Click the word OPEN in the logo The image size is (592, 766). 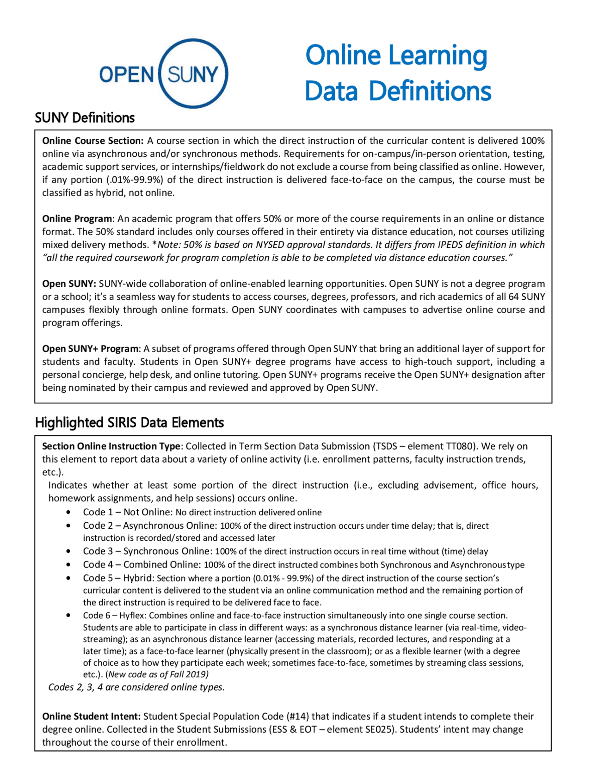point(126,74)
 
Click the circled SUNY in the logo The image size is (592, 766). point(193,74)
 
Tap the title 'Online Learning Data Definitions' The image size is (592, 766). point(397,73)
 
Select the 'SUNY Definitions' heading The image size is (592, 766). point(85,118)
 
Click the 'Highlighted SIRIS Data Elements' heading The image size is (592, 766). point(129,422)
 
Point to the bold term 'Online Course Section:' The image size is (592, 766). point(93,141)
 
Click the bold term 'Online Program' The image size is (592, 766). point(77,218)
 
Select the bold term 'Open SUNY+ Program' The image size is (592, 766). point(90,348)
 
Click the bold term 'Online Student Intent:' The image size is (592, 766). point(91,716)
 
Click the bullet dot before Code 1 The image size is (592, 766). point(68,512)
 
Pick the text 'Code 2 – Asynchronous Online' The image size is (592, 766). point(149,525)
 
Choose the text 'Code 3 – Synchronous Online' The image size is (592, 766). point(147,551)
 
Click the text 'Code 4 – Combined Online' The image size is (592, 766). point(142,564)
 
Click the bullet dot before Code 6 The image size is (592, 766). point(68,615)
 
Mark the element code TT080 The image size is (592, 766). point(460,446)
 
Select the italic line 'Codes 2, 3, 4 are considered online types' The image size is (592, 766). point(136,687)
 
